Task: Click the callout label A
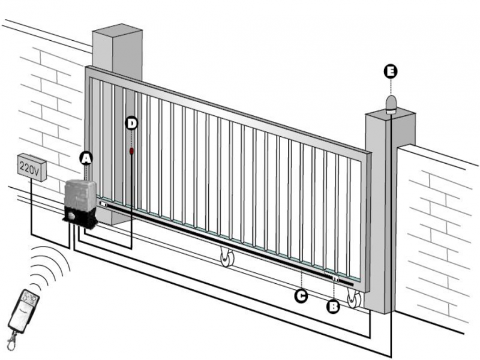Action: (x=86, y=158)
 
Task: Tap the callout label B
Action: (x=333, y=307)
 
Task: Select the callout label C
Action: (x=301, y=296)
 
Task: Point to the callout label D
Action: (x=131, y=124)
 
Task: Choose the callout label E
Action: (x=391, y=71)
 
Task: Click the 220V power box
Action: (x=32, y=167)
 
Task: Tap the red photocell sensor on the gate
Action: (x=131, y=151)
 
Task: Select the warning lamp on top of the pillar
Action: (x=391, y=104)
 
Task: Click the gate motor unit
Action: (x=80, y=203)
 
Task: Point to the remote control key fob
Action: (x=23, y=311)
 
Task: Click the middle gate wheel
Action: (x=227, y=258)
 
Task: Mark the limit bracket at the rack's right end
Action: (x=335, y=278)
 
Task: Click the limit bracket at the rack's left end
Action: (x=104, y=204)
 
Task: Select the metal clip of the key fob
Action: (x=11, y=340)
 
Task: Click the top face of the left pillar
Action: (x=117, y=31)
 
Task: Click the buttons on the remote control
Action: (x=31, y=297)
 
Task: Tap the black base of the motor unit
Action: (x=80, y=218)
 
